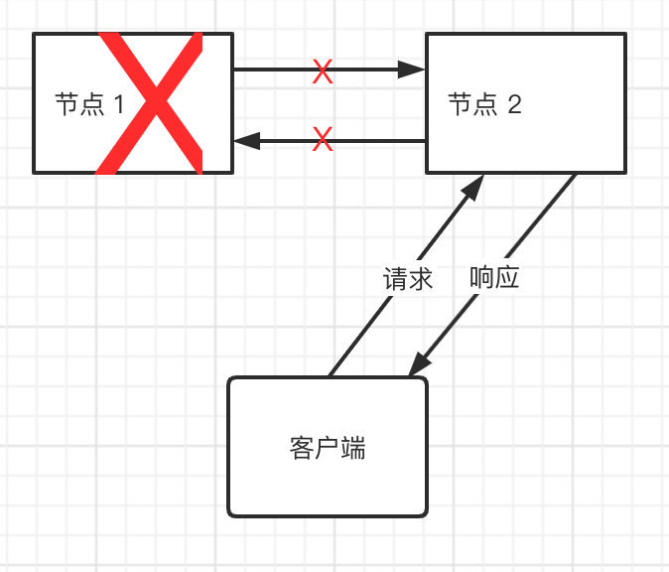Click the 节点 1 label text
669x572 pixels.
(89, 104)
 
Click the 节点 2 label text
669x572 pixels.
(484, 104)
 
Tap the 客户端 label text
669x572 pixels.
(328, 448)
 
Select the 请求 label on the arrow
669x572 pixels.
(408, 279)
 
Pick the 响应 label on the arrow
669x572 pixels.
(494, 279)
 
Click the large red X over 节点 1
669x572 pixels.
(150, 103)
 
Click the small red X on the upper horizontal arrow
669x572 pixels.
(323, 71)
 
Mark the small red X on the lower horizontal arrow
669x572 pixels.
(323, 140)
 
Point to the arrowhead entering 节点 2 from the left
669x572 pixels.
(413, 70)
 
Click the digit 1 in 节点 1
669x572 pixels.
(118, 104)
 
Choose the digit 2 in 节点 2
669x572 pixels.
(514, 104)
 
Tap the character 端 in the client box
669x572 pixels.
(353, 448)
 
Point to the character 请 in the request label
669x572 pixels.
(395, 279)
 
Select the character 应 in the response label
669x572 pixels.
(507, 279)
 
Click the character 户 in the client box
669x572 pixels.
(328, 448)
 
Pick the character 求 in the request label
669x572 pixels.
(421, 279)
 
